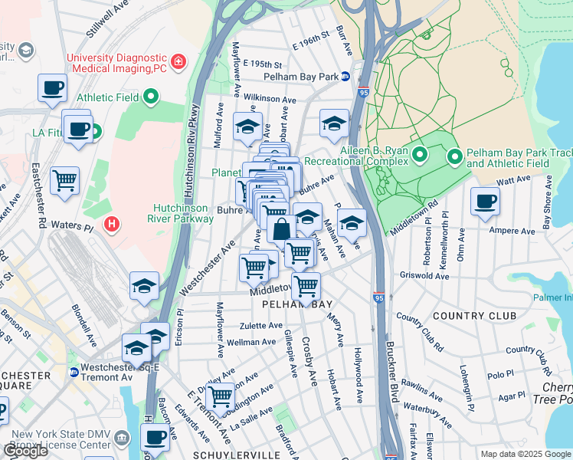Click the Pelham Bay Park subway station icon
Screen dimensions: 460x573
[x=345, y=77]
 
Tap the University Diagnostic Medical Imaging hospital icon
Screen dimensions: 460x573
[x=178, y=61]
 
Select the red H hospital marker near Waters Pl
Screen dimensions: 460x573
[x=112, y=224]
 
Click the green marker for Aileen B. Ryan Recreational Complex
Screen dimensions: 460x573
[x=419, y=156]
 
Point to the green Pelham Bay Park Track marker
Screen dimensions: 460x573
[x=455, y=157]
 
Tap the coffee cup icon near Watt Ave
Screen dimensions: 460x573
[x=485, y=202]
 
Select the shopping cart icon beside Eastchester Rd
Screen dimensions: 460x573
[x=65, y=182]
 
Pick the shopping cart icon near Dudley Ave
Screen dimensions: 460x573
[x=220, y=397]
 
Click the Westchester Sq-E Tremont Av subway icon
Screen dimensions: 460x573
[x=74, y=373]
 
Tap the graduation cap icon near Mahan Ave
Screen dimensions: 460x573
[x=351, y=223]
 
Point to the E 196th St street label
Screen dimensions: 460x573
[x=314, y=35]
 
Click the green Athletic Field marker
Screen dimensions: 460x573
[x=151, y=97]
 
